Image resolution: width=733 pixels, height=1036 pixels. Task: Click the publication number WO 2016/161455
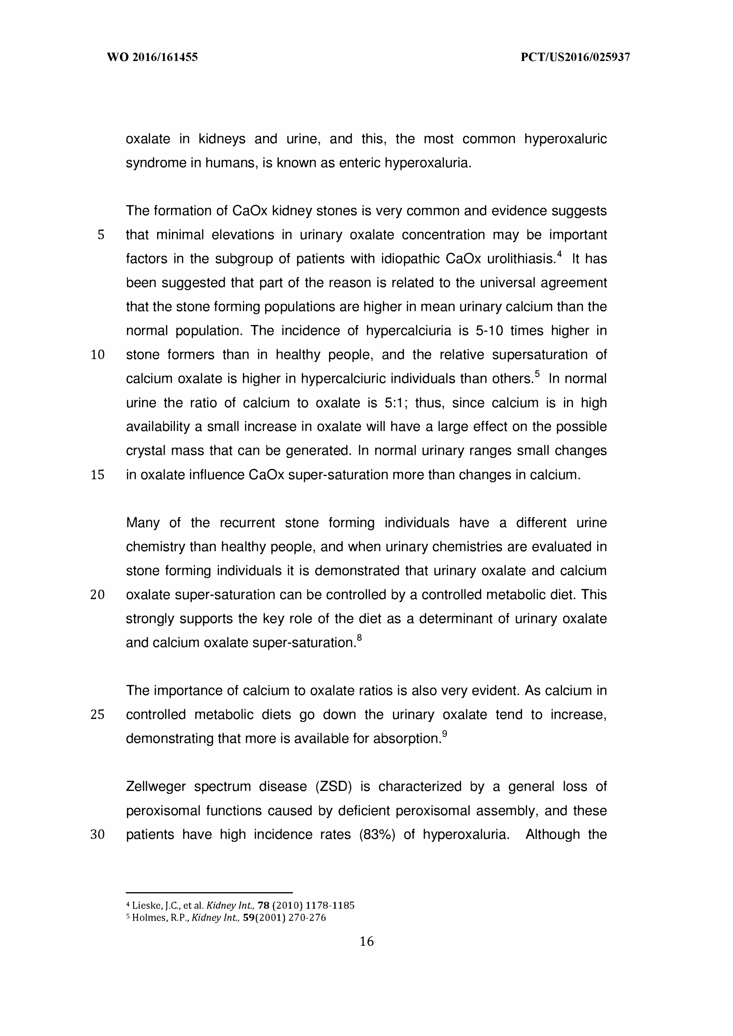(152, 57)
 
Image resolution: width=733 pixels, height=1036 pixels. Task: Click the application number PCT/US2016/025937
(575, 57)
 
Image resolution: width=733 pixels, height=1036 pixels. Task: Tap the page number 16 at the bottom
(367, 941)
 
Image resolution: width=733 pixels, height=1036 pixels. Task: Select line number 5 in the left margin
(101, 235)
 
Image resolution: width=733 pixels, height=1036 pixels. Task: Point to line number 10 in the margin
(98, 355)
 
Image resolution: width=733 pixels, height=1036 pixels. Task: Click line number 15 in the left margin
(98, 475)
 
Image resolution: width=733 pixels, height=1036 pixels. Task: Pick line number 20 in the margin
(98, 595)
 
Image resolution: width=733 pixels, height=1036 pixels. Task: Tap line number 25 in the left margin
(98, 714)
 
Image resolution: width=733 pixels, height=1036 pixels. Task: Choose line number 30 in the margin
(98, 835)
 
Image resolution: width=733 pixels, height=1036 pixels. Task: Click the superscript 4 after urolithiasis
(559, 254)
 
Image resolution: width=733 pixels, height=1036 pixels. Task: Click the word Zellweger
(156, 787)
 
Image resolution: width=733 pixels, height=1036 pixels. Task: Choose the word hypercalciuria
(408, 331)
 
